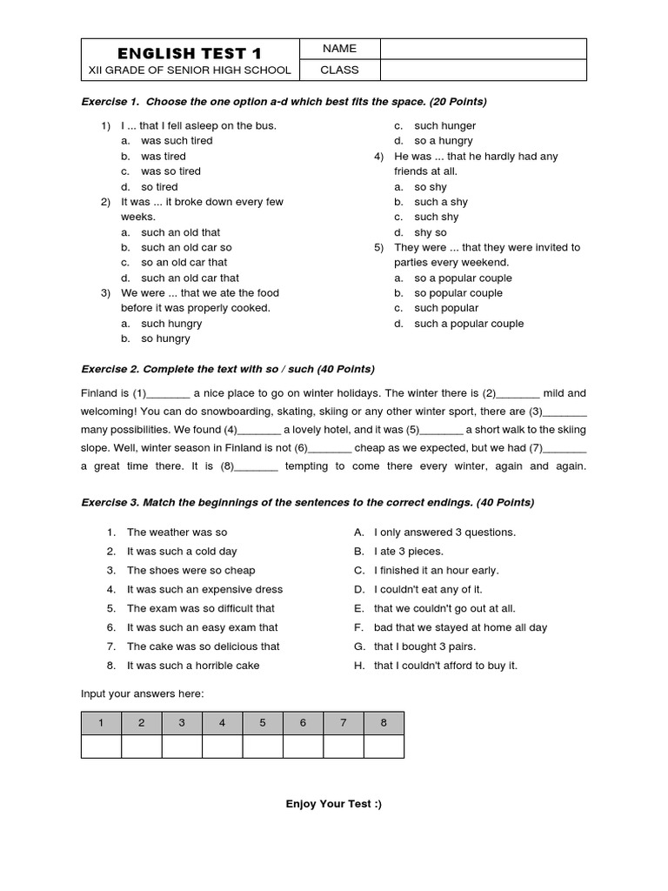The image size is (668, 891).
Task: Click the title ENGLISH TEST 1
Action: pyautogui.click(x=189, y=52)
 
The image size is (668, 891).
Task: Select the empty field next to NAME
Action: pyautogui.click(x=483, y=49)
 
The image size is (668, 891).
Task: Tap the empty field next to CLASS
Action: pyautogui.click(x=483, y=70)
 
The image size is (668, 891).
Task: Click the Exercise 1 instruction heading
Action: pyautogui.click(x=284, y=102)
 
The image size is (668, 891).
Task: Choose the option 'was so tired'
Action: pyautogui.click(x=170, y=171)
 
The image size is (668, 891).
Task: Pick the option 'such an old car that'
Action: pyautogui.click(x=190, y=278)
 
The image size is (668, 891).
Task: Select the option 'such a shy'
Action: pyautogui.click(x=441, y=202)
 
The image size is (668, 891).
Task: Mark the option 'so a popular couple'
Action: pyautogui.click(x=463, y=278)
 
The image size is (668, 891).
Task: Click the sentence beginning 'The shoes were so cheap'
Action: pyautogui.click(x=190, y=571)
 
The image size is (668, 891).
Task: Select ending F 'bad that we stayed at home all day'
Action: pyautogui.click(x=460, y=627)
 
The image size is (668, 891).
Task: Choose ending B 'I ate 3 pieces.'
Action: pyautogui.click(x=408, y=552)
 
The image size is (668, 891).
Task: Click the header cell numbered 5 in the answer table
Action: pyautogui.click(x=263, y=723)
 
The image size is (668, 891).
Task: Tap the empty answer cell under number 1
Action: pyautogui.click(x=101, y=747)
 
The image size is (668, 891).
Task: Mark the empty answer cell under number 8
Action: pyautogui.click(x=384, y=747)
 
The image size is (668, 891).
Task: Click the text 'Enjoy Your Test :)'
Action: pyautogui.click(x=334, y=804)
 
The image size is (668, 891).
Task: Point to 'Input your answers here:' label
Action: pyautogui.click(x=143, y=693)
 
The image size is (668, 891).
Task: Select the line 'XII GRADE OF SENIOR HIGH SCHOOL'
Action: pyautogui.click(x=189, y=70)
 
